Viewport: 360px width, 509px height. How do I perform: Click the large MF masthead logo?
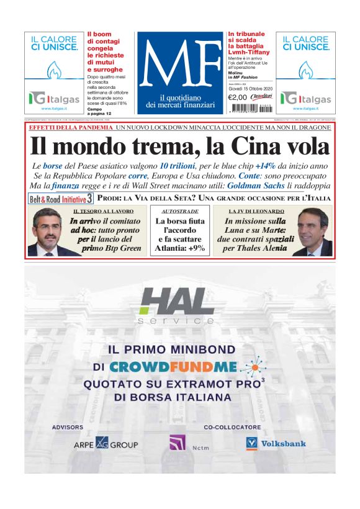tap(179, 65)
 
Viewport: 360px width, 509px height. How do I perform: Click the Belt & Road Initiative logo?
tap(61, 199)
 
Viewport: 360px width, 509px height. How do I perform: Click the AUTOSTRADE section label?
tap(179, 212)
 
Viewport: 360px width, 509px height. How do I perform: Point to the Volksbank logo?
tap(268, 443)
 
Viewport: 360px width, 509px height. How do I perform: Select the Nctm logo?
tap(181, 444)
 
